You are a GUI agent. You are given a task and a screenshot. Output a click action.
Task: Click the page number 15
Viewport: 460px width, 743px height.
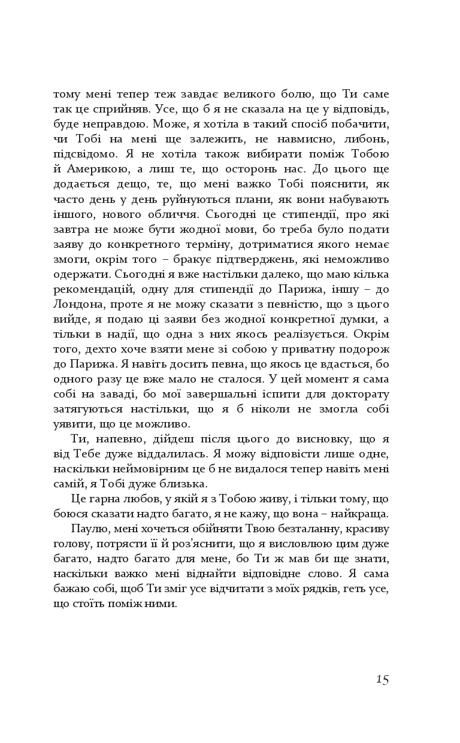pos(382,679)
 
